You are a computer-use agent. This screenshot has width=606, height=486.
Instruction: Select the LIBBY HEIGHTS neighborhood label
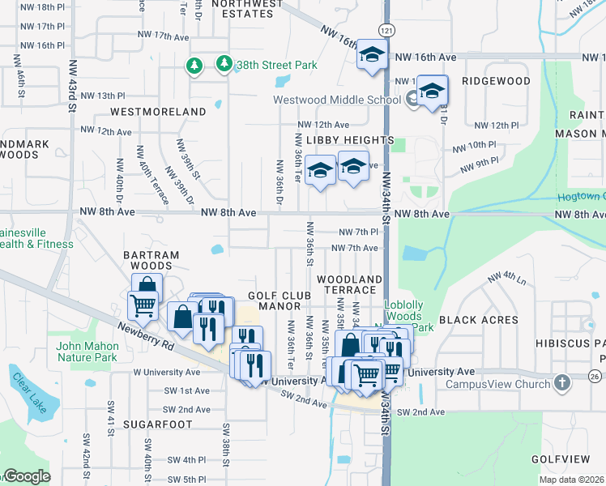(350, 140)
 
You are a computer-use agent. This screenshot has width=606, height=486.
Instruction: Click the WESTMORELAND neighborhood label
(158, 111)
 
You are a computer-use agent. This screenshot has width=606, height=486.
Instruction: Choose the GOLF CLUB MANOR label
(280, 301)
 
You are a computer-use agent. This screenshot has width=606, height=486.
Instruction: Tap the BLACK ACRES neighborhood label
(479, 320)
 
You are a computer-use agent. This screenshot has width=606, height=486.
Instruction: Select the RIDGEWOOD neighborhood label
(496, 82)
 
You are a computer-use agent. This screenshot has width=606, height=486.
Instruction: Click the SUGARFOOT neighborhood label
(158, 424)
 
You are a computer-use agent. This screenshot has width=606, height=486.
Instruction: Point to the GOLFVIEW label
(559, 458)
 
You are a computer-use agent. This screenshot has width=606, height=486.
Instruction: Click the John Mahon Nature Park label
(87, 352)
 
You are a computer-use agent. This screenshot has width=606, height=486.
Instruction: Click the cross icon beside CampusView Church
(564, 382)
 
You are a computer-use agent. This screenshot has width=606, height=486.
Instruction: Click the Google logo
(27, 476)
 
